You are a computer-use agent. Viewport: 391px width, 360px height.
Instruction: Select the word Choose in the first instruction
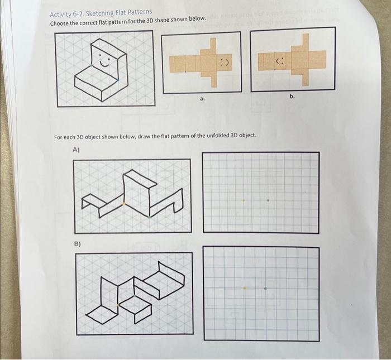[x=61, y=23]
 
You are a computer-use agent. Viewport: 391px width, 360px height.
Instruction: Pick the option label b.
[x=292, y=97]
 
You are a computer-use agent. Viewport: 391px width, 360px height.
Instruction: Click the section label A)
[x=77, y=150]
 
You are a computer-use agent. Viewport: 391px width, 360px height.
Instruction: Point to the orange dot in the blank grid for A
[x=243, y=200]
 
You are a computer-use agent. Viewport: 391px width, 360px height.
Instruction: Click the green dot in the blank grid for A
[x=268, y=200]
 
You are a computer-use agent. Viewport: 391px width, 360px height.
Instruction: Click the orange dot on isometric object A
[x=124, y=204]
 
